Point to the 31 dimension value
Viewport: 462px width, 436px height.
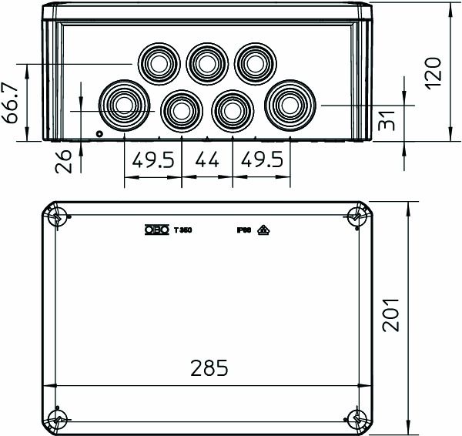point(393,122)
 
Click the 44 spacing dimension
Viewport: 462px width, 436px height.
point(207,163)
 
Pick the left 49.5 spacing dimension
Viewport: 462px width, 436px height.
point(152,163)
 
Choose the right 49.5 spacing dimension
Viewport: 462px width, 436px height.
point(262,163)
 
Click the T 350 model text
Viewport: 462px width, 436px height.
point(182,230)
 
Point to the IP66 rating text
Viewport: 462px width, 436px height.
point(244,230)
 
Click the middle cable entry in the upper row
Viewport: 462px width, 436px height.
point(206,61)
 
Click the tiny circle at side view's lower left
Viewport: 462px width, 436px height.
point(99,135)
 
